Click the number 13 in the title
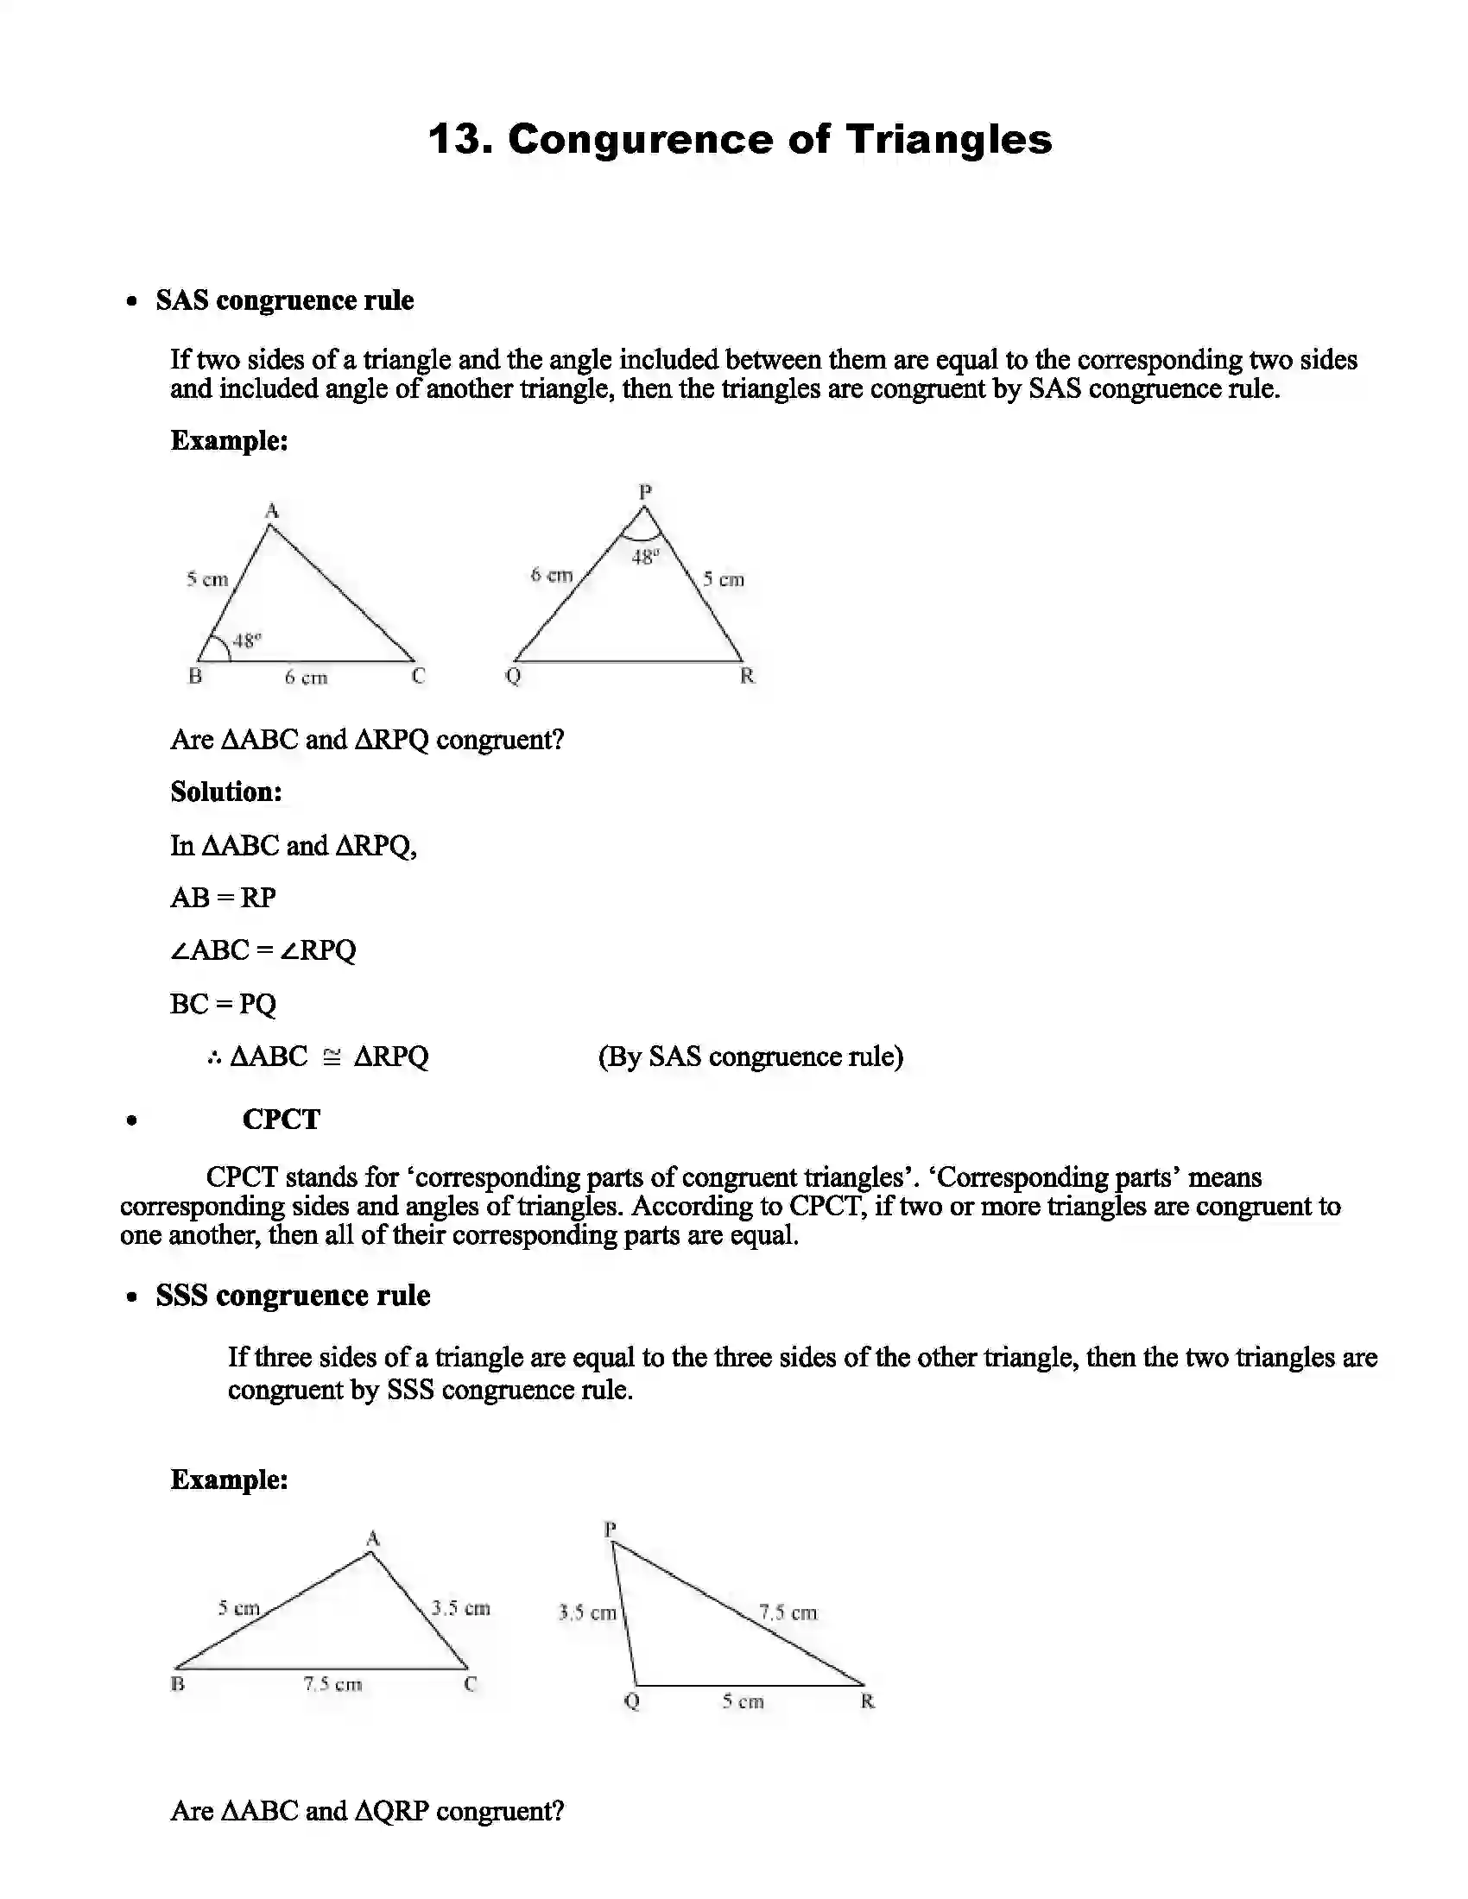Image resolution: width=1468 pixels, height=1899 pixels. (x=459, y=139)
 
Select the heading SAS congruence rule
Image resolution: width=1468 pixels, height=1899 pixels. (x=284, y=301)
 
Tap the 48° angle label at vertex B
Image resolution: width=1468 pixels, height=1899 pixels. (x=247, y=640)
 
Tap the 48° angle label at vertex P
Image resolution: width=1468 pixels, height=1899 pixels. (x=644, y=558)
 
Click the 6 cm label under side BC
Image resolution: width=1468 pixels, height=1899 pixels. (x=307, y=678)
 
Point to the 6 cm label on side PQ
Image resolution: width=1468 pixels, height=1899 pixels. (x=552, y=575)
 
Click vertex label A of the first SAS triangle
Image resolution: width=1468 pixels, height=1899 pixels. (x=271, y=510)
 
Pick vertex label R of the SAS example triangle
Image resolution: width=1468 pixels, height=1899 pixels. (x=747, y=677)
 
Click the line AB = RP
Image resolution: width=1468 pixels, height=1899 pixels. (x=224, y=898)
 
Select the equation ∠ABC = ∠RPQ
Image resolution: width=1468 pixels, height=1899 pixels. (x=263, y=950)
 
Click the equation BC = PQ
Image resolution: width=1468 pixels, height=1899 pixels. (x=223, y=1004)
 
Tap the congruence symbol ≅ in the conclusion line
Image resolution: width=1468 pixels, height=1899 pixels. (x=332, y=1057)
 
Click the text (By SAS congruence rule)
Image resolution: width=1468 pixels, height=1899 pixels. (x=750, y=1057)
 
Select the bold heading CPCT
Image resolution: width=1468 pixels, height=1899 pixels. (x=281, y=1119)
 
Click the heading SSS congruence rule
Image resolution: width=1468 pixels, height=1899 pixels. (x=293, y=1296)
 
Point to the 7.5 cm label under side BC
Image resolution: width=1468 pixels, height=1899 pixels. (x=332, y=1684)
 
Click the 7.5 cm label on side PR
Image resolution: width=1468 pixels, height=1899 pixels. (x=788, y=1613)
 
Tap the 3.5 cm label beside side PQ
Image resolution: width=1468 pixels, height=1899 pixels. (x=587, y=1614)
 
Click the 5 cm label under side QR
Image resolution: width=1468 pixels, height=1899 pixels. (x=743, y=1701)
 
